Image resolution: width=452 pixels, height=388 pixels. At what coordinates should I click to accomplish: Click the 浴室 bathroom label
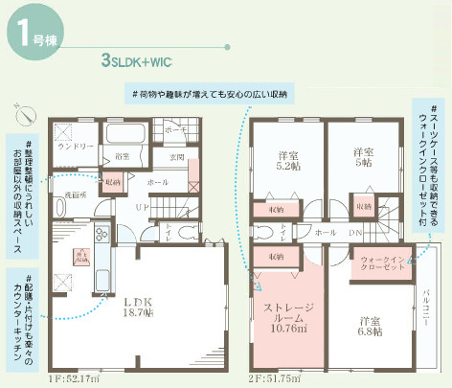pos(122,155)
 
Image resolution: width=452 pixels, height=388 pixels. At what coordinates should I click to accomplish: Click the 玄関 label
pos(176,157)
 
